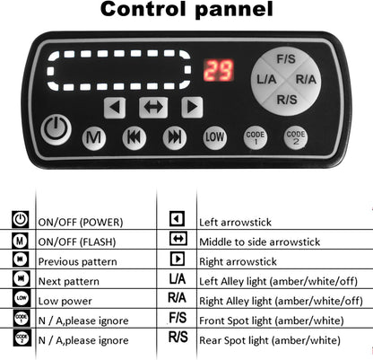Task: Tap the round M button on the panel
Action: coord(94,138)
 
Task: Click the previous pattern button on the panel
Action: coord(134,137)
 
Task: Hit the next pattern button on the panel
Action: coord(175,137)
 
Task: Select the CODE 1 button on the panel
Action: coord(256,137)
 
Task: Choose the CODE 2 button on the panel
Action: coord(296,137)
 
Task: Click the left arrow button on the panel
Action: coord(115,107)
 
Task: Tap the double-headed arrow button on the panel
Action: coord(153,107)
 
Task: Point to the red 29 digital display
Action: coord(219,71)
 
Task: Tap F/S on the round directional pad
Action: coord(286,59)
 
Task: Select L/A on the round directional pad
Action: coord(266,80)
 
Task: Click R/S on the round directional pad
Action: coord(287,100)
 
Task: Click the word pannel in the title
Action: coord(235,10)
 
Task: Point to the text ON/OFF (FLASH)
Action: coord(77,241)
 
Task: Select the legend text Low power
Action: coord(65,301)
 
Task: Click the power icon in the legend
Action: coord(21,219)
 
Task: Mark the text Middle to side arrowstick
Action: coord(259,241)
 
